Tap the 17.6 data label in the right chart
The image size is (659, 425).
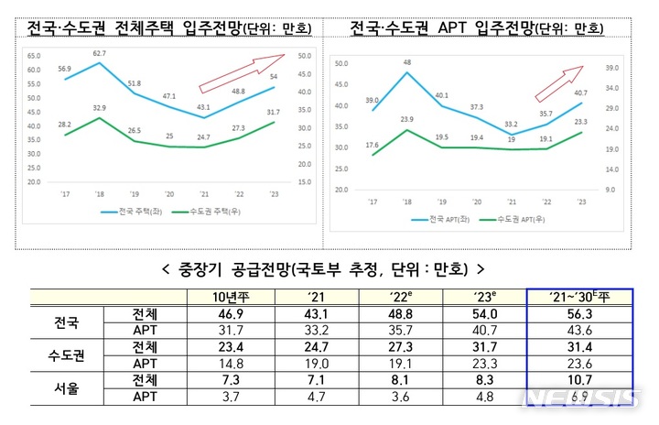click(372, 144)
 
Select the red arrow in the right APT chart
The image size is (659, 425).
click(560, 83)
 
